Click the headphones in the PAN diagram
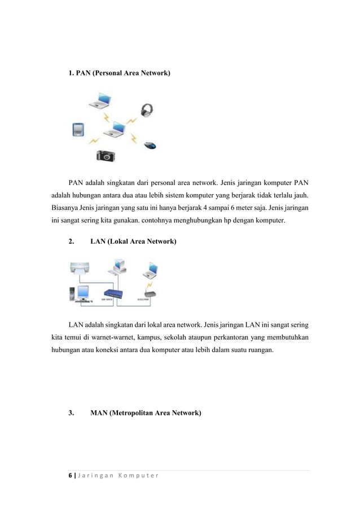147,111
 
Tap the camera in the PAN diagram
106,155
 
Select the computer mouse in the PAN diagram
150,145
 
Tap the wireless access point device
150,294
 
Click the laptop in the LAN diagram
150,272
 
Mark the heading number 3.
71,413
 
